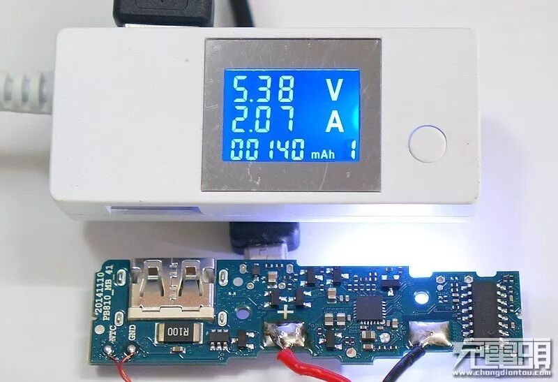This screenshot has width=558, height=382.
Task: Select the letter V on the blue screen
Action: click(x=335, y=90)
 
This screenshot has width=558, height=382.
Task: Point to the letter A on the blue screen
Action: click(x=335, y=122)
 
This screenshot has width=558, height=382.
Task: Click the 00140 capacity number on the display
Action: click(x=269, y=149)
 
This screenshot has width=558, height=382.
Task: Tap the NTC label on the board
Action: click(x=112, y=343)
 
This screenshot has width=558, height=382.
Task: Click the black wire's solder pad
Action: click(x=429, y=337)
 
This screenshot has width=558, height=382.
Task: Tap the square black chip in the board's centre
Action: click(x=370, y=308)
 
